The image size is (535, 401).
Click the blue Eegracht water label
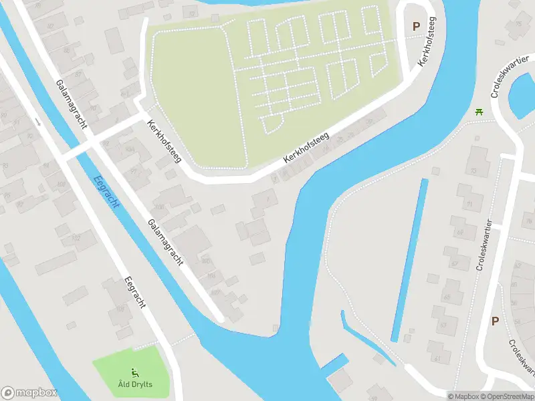pyautogui.click(x=108, y=192)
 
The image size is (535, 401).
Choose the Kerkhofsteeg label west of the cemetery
pyautogui.click(x=164, y=142)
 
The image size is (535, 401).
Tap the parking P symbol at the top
pyautogui.click(x=416, y=26)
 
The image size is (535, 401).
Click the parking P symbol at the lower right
pyautogui.click(x=495, y=321)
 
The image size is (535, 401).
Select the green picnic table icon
pyautogui.click(x=479, y=112)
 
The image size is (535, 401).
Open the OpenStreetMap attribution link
pyautogui.click(x=507, y=396)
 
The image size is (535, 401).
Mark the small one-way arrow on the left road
pyautogui.click(x=38, y=122)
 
